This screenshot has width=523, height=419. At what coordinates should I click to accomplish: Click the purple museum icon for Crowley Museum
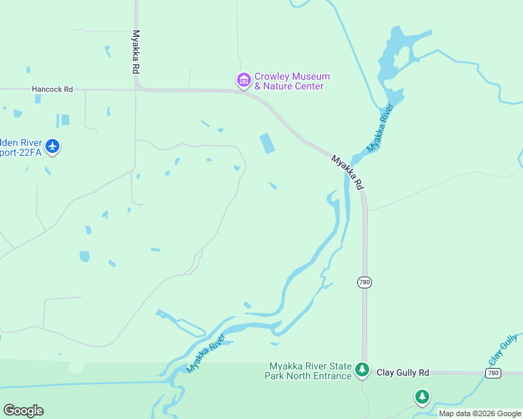coord(244,81)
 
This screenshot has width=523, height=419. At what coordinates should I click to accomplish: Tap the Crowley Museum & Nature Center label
coord(292,81)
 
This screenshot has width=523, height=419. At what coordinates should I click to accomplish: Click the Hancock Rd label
coord(52,89)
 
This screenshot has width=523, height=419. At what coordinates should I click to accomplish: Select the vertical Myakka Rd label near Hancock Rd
coord(136,52)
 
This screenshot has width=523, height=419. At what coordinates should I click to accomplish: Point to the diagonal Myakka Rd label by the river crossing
coord(348,172)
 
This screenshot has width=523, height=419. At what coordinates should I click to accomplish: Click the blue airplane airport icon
coord(52,147)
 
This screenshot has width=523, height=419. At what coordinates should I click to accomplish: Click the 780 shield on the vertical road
coord(364,282)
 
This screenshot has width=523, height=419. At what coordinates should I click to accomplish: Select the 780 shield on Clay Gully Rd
coord(493,374)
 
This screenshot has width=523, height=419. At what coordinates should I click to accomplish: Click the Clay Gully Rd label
coord(403,373)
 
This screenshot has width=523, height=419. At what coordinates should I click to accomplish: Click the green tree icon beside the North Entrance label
coord(361,369)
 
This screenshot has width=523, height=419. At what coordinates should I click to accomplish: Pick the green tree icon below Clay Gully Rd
coord(422,397)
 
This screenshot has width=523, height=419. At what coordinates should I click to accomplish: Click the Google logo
coord(23,411)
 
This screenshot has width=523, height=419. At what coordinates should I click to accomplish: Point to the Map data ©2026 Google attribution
coord(480,413)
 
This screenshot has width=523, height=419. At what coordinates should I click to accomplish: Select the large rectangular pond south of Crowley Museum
coord(267,143)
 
